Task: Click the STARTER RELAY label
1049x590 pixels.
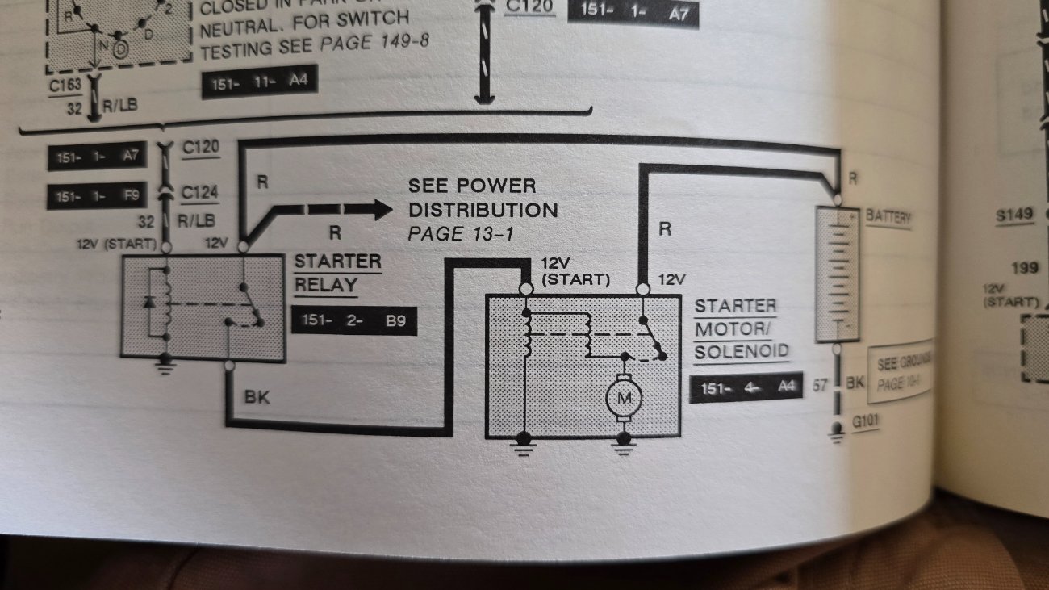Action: (x=337, y=273)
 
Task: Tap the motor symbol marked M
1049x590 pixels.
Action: (x=623, y=397)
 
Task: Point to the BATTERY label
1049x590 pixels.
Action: (x=888, y=217)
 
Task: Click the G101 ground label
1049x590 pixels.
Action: (x=865, y=421)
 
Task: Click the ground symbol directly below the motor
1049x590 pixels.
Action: (x=622, y=445)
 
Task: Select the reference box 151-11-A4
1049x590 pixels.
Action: (x=259, y=83)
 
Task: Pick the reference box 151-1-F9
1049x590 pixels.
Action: (x=97, y=196)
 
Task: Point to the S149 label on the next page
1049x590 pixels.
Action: (x=1013, y=216)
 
